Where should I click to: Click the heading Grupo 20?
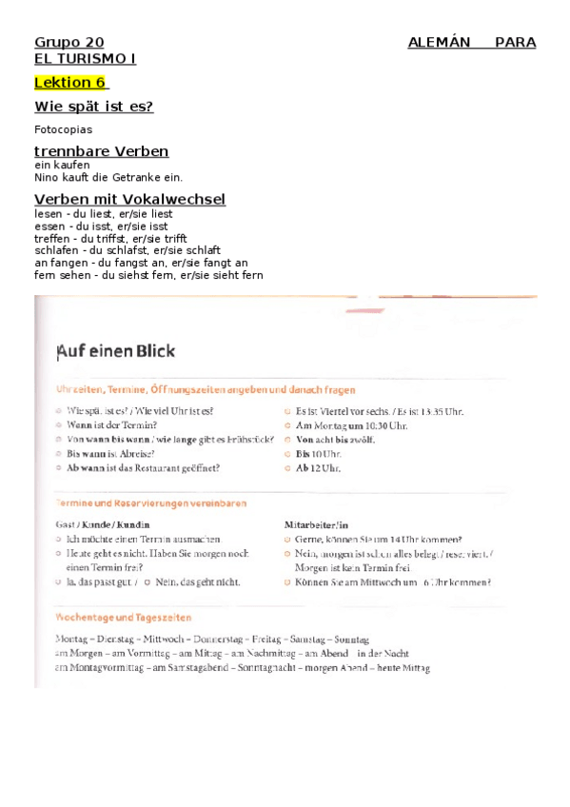click(69, 43)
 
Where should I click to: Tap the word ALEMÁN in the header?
click(440, 43)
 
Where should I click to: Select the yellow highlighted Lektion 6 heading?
click(69, 83)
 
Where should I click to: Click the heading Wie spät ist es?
click(93, 107)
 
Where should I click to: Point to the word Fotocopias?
click(63, 129)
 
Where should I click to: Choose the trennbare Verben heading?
click(101, 151)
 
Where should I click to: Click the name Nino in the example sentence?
click(46, 177)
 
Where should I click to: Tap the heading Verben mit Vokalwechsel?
click(129, 199)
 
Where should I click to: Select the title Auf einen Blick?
click(116, 351)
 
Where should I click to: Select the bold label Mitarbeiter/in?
click(317, 524)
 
